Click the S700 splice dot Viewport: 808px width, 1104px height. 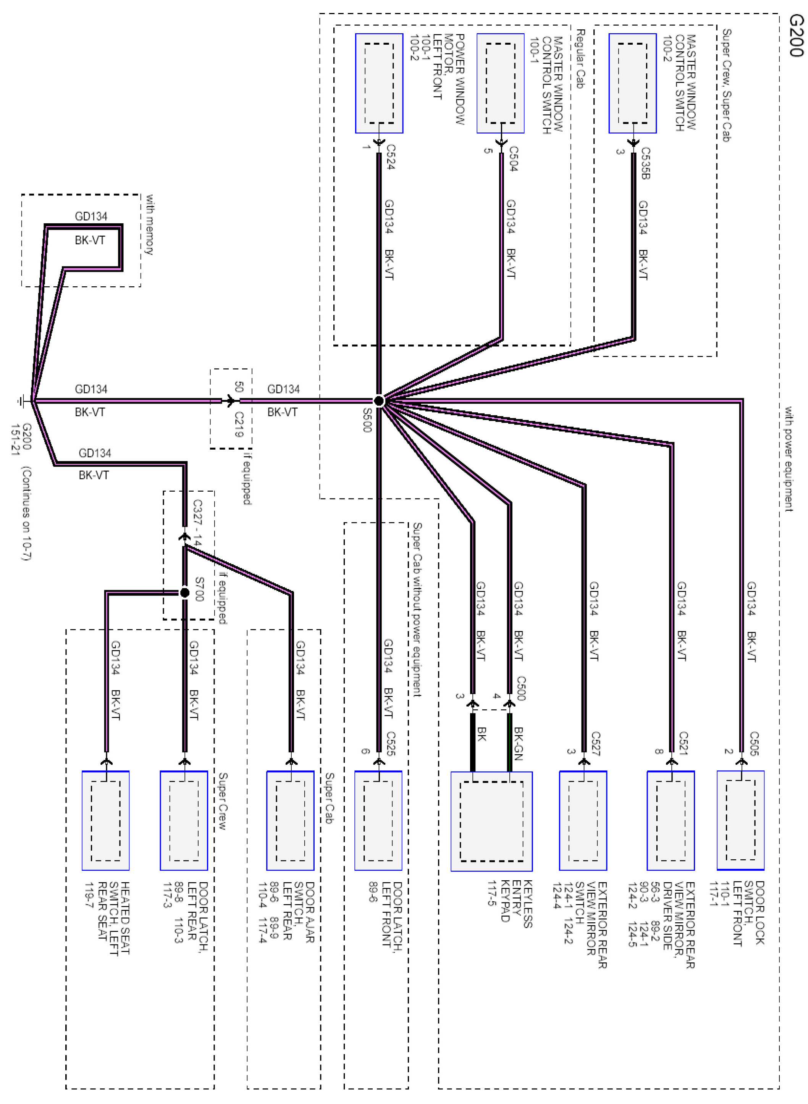[184, 592]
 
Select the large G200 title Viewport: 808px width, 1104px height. [796, 36]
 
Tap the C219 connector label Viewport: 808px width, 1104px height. [239, 424]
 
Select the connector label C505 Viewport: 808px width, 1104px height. [754, 744]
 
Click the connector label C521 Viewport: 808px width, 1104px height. [683, 744]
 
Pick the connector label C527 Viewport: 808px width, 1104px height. [595, 744]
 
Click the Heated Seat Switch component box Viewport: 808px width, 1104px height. [106, 820]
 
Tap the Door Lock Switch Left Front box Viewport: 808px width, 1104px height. [740, 820]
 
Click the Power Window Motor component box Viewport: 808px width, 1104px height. [379, 83]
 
